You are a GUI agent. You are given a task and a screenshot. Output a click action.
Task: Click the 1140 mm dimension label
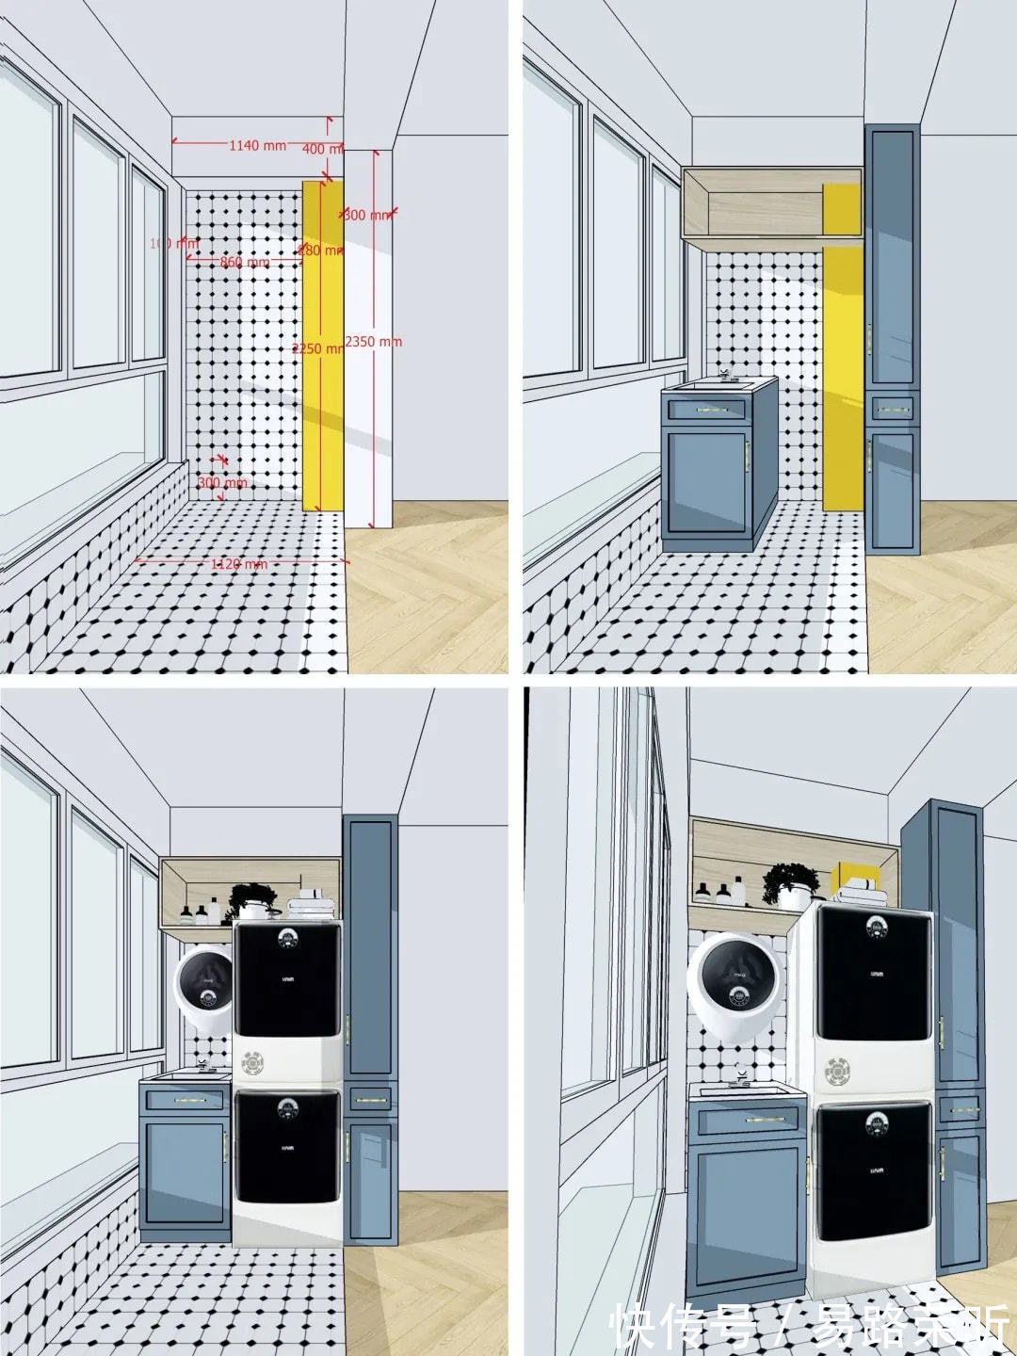(257, 146)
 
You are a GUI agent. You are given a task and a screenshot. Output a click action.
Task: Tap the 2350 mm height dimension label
(374, 342)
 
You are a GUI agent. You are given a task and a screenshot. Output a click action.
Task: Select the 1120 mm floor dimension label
(238, 564)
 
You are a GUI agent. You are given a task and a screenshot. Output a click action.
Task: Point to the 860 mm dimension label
(244, 263)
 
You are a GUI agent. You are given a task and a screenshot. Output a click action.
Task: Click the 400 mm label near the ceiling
(321, 149)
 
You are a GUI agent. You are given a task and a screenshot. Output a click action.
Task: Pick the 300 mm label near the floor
(222, 483)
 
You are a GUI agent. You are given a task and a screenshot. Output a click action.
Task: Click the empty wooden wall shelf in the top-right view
(772, 203)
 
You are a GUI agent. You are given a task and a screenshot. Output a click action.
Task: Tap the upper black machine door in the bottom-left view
(285, 979)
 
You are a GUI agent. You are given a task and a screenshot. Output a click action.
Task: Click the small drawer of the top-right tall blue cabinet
(892, 410)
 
